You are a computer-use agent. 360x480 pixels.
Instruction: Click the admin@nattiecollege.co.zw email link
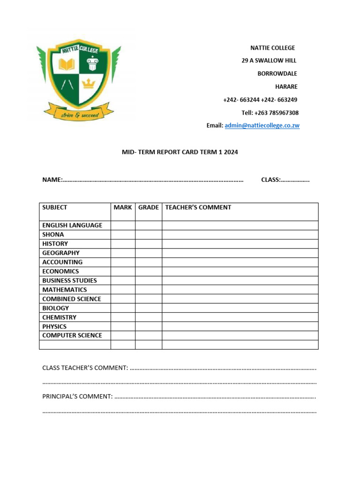tap(262, 126)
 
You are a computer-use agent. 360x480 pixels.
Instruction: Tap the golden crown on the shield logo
tap(88, 84)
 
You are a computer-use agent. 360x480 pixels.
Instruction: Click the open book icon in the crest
tap(66, 64)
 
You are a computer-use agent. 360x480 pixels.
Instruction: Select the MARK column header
tap(123, 207)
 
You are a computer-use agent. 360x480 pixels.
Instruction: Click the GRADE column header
tap(149, 207)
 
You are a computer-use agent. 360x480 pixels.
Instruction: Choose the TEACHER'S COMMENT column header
tap(198, 207)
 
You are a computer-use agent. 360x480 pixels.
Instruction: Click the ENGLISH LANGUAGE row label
tap(72, 225)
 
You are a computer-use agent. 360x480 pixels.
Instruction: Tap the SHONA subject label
tap(53, 234)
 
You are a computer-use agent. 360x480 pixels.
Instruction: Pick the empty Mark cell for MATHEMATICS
tap(123, 290)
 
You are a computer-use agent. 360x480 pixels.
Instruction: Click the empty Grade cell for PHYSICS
tap(149, 327)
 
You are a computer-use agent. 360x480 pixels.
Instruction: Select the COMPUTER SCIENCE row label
tap(72, 336)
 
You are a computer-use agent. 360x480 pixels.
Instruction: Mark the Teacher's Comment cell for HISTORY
tap(240, 244)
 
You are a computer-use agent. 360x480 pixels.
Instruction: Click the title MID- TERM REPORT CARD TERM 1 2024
tap(180, 152)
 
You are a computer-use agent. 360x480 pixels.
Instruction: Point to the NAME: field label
tap(52, 180)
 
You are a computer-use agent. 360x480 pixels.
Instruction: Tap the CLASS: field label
tap(270, 180)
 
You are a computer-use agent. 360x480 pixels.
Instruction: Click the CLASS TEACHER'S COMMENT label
tap(85, 368)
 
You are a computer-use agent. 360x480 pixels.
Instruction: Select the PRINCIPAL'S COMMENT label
tap(77, 397)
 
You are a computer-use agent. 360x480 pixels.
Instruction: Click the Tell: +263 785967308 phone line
tap(270, 113)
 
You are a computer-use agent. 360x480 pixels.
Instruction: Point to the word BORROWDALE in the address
tap(277, 74)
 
